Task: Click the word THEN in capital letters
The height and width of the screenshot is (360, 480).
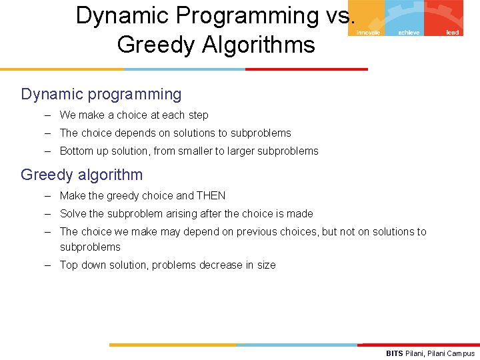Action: [211, 195]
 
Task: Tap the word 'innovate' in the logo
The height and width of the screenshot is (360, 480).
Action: [368, 32]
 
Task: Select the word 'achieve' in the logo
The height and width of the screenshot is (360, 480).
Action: [409, 32]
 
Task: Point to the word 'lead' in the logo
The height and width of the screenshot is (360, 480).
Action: [452, 32]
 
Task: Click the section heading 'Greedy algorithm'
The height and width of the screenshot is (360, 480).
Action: [81, 175]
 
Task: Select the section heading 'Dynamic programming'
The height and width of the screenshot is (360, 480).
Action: [101, 94]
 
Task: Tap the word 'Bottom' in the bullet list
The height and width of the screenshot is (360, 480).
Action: [77, 151]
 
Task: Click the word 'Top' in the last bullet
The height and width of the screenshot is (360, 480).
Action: [69, 265]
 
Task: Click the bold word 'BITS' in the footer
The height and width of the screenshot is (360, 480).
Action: [395, 353]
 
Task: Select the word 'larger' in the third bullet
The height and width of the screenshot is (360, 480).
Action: [243, 151]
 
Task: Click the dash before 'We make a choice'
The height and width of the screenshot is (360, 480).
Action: [48, 115]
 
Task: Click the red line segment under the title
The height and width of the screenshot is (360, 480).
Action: [306, 69]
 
